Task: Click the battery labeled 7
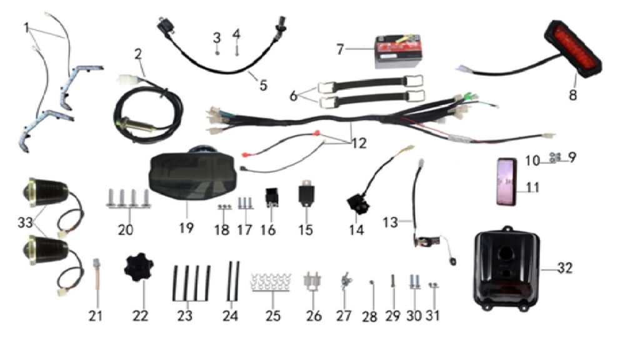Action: [398, 51]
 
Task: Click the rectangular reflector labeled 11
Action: [506, 182]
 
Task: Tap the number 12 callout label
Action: [359, 143]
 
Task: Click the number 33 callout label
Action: [25, 223]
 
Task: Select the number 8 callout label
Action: [572, 95]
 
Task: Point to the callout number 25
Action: [273, 316]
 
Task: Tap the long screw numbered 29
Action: [392, 281]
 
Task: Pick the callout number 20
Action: [125, 230]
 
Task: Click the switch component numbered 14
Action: [358, 204]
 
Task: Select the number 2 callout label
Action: [138, 54]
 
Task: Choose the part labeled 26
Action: [312, 282]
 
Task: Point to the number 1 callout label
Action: [26, 28]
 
